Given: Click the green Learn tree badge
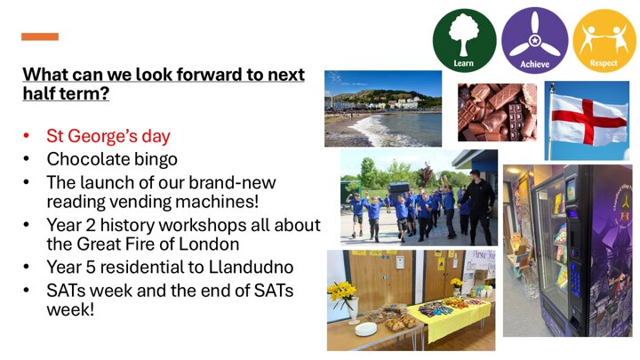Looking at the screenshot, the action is click(464, 40).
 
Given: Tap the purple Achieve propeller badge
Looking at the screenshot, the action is click(534, 40).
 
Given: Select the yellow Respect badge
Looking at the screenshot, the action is click(604, 40).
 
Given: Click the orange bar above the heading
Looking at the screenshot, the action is click(40, 36).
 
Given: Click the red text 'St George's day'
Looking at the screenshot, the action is click(108, 136).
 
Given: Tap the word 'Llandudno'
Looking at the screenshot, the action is click(251, 267).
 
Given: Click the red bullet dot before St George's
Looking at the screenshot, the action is click(27, 136).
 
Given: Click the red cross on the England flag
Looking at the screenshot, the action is click(588, 121).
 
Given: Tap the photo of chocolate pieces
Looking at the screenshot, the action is click(497, 112).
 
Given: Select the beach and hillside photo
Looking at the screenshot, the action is click(383, 108).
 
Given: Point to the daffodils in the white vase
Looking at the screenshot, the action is click(343, 292).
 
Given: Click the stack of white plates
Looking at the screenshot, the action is click(366, 329).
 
